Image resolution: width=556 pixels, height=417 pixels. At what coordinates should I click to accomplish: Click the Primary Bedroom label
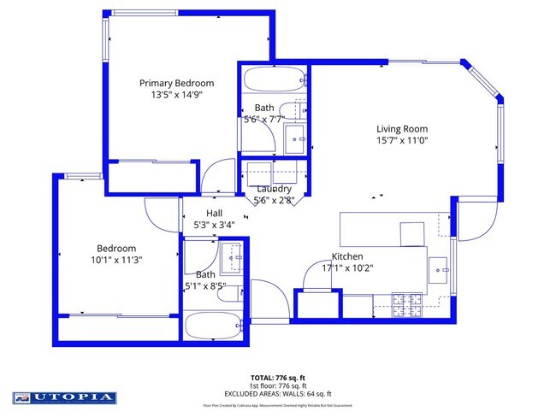176,83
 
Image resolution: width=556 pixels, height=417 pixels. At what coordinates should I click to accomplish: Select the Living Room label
401,129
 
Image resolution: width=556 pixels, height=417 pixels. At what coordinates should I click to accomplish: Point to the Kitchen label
347,256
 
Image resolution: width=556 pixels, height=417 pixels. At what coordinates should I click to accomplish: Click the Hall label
214,214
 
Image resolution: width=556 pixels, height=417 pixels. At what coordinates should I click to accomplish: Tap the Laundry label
274,189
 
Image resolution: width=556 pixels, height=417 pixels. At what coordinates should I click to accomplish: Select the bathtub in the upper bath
274,81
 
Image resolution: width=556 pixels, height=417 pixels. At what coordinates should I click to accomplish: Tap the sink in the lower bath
233,255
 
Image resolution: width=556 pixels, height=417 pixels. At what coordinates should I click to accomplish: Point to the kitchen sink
440,269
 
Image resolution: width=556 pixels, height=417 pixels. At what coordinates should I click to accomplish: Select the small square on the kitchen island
411,233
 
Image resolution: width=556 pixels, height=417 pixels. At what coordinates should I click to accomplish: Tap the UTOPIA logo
64,397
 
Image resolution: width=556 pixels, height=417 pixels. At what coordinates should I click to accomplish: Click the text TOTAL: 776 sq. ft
278,377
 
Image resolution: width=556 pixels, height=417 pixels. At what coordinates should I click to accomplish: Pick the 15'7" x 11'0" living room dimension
401,141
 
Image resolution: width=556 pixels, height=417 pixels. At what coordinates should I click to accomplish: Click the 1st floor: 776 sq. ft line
278,385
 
